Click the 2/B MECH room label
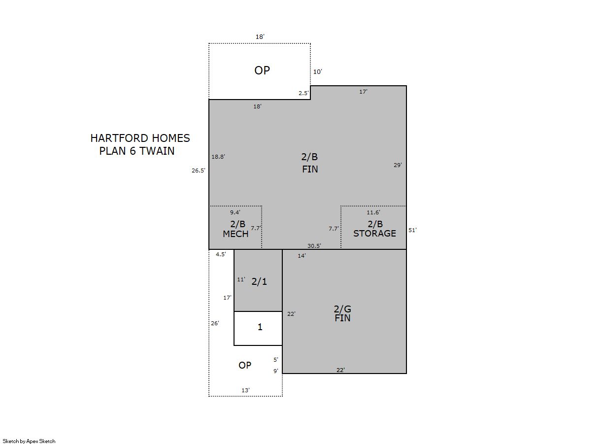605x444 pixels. tap(235, 229)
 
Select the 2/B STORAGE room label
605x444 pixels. tap(374, 229)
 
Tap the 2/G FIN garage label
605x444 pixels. tap(342, 313)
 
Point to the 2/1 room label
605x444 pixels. tap(259, 282)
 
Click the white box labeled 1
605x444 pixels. tap(258, 328)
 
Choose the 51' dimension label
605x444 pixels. tap(412, 230)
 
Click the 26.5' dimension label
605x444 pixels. tap(199, 171)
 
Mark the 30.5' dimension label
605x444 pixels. tap(314, 246)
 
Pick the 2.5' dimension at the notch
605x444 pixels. tap(303, 93)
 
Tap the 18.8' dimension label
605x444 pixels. tap(218, 157)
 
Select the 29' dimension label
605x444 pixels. tap(398, 165)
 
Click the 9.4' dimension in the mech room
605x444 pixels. tap(235, 212)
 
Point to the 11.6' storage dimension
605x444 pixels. tap(373, 212)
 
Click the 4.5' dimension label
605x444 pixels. tap(221, 254)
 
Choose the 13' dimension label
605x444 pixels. tap(245, 390)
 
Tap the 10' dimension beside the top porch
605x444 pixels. tap(318, 72)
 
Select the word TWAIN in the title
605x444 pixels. tap(157, 151)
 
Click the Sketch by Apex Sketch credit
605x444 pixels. tap(29, 441)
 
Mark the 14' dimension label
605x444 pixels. tap(302, 256)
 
